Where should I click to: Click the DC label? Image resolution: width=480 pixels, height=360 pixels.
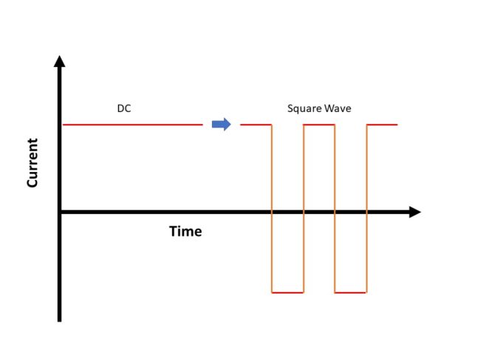point(124,108)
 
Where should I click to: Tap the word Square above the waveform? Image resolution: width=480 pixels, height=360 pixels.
point(304,108)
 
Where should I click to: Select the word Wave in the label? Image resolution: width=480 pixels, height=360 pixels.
point(337,108)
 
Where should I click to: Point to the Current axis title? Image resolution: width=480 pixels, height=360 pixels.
point(32,162)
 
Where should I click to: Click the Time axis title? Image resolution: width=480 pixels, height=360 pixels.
point(185,232)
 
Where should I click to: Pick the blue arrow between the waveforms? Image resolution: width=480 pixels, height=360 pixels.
point(221,124)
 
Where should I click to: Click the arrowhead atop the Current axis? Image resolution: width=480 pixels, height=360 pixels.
point(60,61)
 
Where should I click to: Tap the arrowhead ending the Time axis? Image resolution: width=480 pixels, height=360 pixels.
point(414,212)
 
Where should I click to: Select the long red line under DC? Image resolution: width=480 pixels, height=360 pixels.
point(133,125)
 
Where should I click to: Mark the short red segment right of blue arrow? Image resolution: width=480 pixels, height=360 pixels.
point(256,125)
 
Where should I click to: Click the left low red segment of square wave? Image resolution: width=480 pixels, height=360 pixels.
point(287,293)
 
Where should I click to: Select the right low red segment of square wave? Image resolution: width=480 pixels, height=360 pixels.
point(351,293)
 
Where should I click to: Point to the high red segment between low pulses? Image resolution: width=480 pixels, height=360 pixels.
point(319,125)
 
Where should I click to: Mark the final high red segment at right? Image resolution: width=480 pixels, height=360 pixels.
point(383,125)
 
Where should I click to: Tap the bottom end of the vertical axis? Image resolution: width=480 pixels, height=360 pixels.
point(60,319)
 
